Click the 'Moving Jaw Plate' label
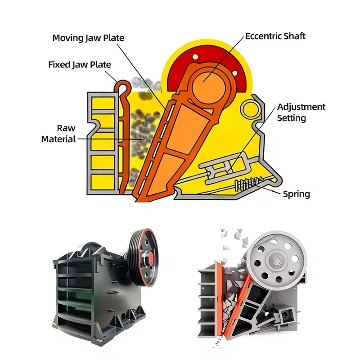pos(88,38)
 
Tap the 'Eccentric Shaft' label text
pos(275,36)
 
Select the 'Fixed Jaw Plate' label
pos(80,64)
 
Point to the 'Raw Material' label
pos(58,133)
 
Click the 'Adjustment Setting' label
pos(301,112)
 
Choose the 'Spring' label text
pos(296,194)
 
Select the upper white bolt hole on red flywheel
pos(195,57)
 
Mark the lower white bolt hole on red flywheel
pos(234,73)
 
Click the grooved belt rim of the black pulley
pos(138,256)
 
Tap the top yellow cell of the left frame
pos(103,103)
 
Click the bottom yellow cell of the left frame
pos(103,182)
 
